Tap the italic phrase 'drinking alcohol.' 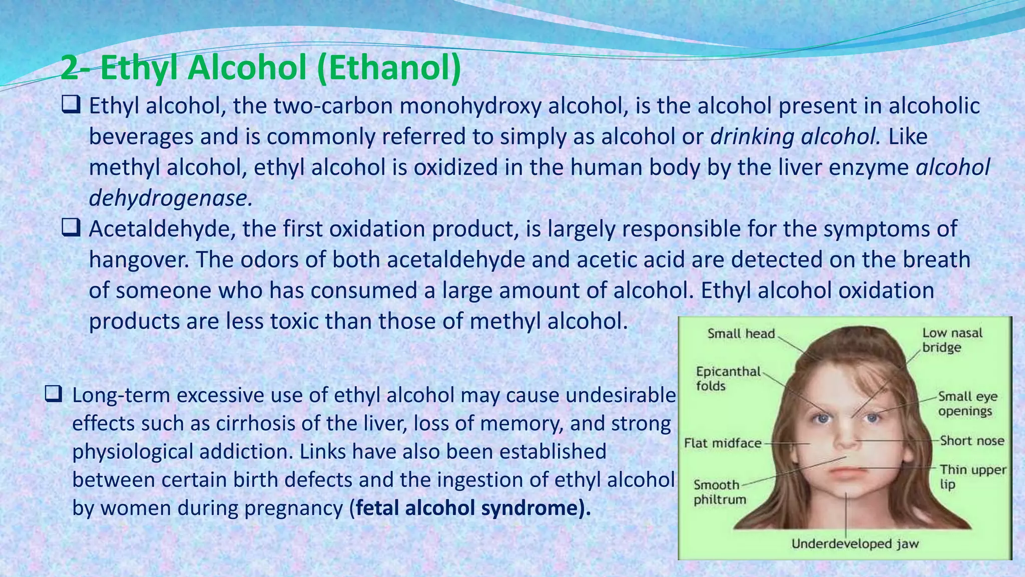795,137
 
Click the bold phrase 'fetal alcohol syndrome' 467,508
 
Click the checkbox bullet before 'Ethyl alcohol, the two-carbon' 71,106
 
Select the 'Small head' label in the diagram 741,334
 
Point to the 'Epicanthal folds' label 728,378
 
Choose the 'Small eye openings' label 967,404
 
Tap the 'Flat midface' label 722,443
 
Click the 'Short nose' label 971,441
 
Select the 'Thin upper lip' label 972,476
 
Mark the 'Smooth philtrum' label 719,492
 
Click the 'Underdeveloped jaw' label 855,544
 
